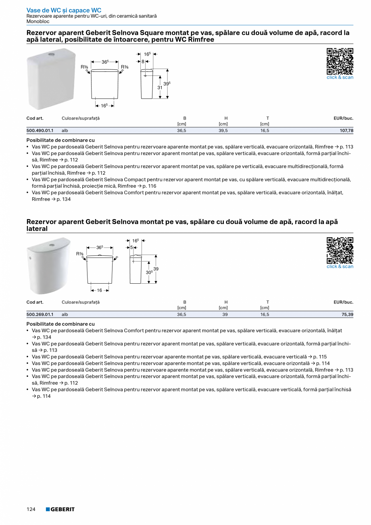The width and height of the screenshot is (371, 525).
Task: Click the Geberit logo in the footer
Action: (x=60, y=509)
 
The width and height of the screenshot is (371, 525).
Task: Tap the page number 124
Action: (x=31, y=509)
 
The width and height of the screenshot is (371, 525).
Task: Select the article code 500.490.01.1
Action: (x=40, y=131)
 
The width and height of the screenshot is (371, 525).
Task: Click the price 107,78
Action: (x=346, y=131)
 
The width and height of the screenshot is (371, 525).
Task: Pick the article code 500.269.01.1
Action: (x=40, y=314)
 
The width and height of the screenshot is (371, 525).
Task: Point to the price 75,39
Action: (x=348, y=314)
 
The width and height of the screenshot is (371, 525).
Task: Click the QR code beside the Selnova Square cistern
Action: (x=340, y=61)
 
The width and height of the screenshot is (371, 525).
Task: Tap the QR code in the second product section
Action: (x=340, y=251)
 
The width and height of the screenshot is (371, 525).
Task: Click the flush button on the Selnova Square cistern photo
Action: (x=52, y=53)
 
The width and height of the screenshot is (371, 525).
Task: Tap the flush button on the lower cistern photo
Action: (x=52, y=245)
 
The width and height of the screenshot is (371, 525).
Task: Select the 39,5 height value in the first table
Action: (x=223, y=131)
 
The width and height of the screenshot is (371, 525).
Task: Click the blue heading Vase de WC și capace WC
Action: (x=64, y=10)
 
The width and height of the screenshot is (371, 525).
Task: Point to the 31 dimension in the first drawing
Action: (x=160, y=88)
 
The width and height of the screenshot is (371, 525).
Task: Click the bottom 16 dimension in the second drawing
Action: (x=99, y=290)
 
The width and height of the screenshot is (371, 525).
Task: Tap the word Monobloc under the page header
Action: (x=38, y=21)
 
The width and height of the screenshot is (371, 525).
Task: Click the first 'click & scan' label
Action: (x=340, y=77)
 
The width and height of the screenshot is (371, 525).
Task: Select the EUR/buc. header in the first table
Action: (x=343, y=118)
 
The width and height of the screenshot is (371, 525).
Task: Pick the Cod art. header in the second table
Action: (x=35, y=302)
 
